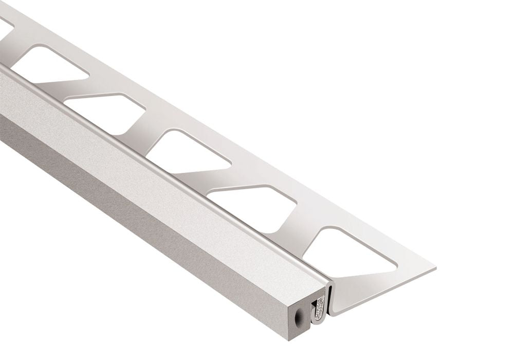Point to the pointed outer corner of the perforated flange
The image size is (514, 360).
tap(435, 268)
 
